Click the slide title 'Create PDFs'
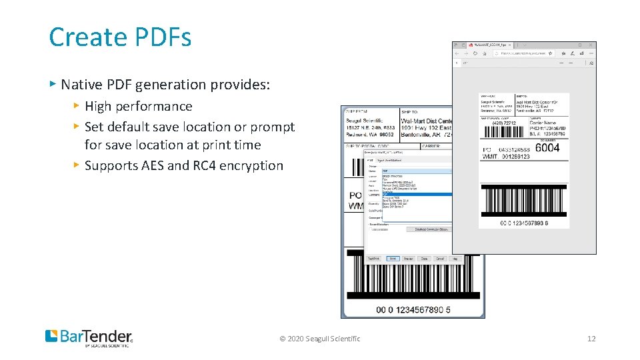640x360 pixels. [120, 37]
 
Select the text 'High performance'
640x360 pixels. [138, 106]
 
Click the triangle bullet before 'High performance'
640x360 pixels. [77, 106]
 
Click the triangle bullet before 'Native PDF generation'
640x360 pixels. [53, 84]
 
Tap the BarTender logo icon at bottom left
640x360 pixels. [52, 336]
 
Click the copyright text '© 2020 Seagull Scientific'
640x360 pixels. [320, 339]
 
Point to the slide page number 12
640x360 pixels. [591, 339]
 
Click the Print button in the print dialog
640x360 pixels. [393, 259]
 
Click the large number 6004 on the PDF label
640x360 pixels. [547, 149]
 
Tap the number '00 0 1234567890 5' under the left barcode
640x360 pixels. [413, 309]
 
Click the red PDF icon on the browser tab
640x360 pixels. [470, 45]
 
